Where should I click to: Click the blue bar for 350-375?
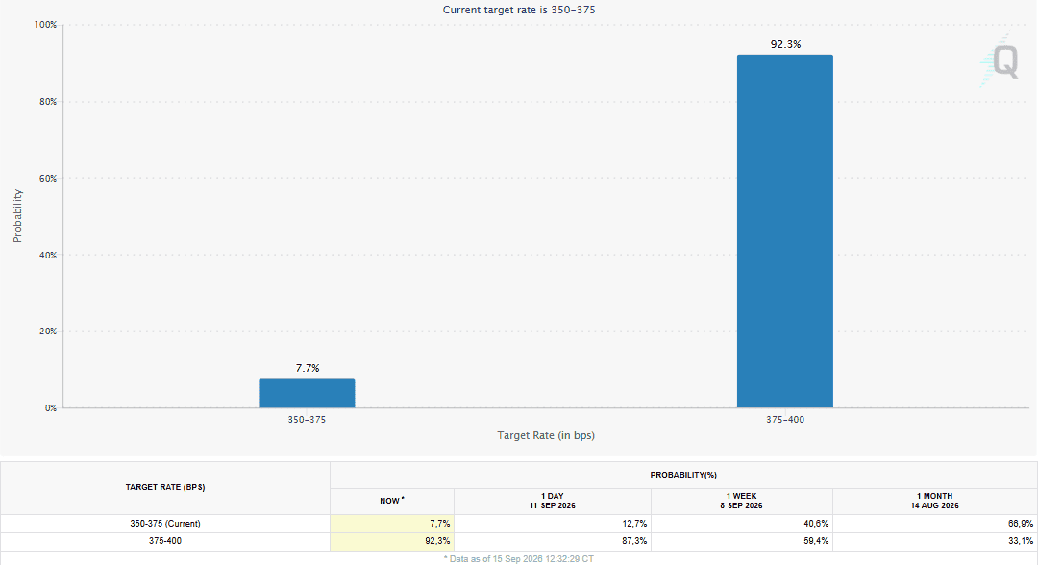[307, 393]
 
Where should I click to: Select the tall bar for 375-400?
[785, 231]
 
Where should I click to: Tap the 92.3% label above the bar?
[786, 44]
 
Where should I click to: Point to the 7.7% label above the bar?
[308, 368]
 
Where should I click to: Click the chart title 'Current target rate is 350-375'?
[519, 10]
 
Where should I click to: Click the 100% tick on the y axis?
[46, 25]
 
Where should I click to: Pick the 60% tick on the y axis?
[48, 179]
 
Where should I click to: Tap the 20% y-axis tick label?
[48, 332]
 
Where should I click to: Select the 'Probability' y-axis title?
[18, 216]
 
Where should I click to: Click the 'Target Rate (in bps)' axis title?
[546, 435]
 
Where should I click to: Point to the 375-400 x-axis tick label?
[785, 420]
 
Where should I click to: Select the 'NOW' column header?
[392, 501]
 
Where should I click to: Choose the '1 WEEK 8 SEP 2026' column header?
[741, 501]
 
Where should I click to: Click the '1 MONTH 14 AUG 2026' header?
[935, 501]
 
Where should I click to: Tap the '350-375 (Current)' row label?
[165, 524]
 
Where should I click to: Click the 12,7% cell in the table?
[635, 524]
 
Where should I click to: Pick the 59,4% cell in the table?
[816, 541]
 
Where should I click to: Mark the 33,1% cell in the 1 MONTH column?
[1021, 541]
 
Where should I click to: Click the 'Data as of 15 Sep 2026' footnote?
[518, 559]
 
